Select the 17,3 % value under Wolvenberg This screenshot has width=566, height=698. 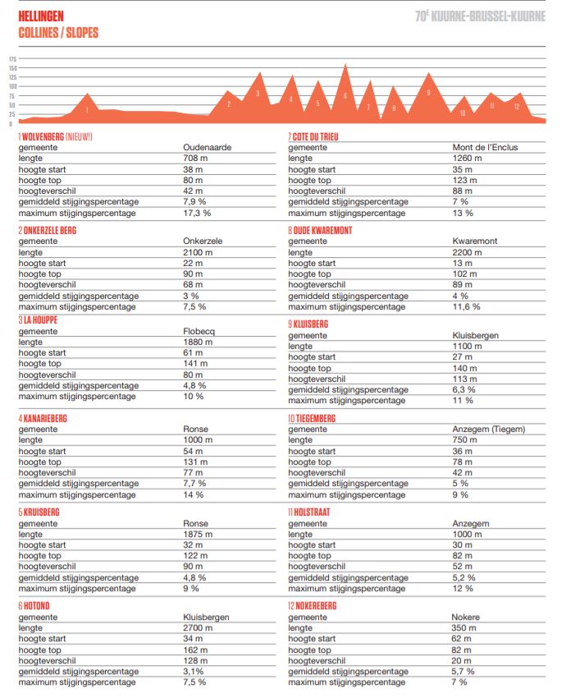coord(197,213)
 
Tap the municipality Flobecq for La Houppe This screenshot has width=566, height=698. coord(200,332)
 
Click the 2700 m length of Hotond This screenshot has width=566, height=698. coord(197,628)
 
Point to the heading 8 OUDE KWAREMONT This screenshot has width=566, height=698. coord(320,231)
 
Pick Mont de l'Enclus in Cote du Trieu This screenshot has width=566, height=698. coord(485,148)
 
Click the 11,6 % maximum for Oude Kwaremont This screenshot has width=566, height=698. coord(466,306)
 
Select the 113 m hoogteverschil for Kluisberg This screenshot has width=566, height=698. coord(465,379)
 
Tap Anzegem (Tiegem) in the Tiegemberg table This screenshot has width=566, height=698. coord(488,429)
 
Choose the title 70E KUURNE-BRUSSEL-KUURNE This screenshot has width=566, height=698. coord(480,16)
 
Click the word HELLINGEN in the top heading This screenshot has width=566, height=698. coord(41,16)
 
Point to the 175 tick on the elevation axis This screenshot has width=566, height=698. coord(12,59)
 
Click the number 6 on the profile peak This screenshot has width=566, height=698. coord(345,96)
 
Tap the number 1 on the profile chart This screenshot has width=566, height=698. coord(86,109)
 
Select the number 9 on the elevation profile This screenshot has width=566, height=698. coord(428,94)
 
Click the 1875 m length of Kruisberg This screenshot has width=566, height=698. coord(198,534)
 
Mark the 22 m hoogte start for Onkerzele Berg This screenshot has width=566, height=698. coord(193,263)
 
